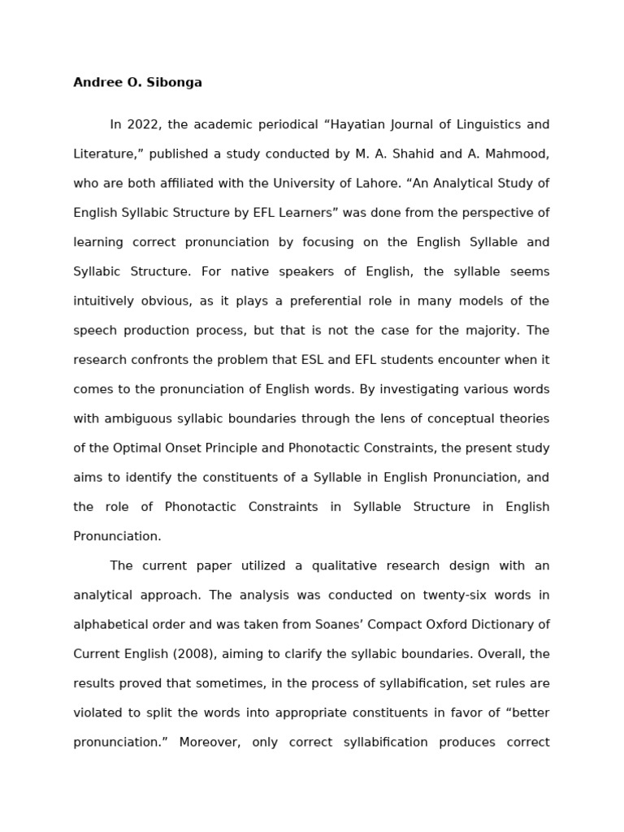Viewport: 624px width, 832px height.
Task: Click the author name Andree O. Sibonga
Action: tap(137, 82)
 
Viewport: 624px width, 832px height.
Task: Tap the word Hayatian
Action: tap(357, 124)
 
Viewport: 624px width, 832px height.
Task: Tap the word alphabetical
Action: tap(111, 625)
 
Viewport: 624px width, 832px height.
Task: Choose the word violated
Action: tap(98, 713)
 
